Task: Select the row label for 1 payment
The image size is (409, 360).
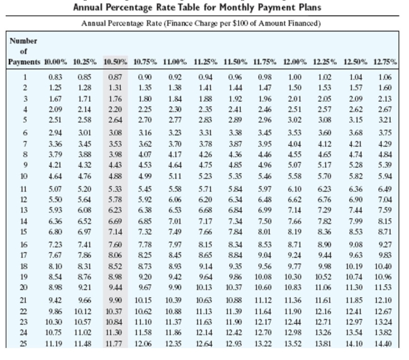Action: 23,76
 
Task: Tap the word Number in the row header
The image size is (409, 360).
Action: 23,41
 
